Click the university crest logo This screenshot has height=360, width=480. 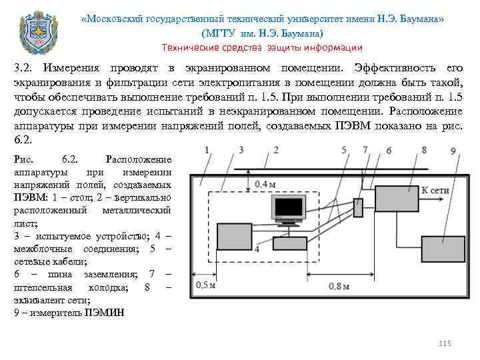click(35, 30)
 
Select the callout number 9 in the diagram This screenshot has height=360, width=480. click(453, 152)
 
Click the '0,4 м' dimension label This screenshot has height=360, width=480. click(265, 183)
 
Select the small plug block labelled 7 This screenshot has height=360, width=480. click(358, 207)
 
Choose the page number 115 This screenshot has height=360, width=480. click(445, 343)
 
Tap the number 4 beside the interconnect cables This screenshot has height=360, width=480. click(256, 248)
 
